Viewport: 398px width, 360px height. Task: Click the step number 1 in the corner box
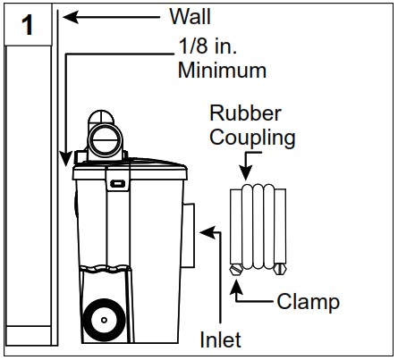[28, 25]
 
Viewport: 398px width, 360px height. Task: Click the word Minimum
[221, 69]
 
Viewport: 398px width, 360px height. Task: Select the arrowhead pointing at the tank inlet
[205, 232]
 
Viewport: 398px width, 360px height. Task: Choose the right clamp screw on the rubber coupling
[281, 268]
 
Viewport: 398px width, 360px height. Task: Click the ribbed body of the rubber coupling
[258, 223]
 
